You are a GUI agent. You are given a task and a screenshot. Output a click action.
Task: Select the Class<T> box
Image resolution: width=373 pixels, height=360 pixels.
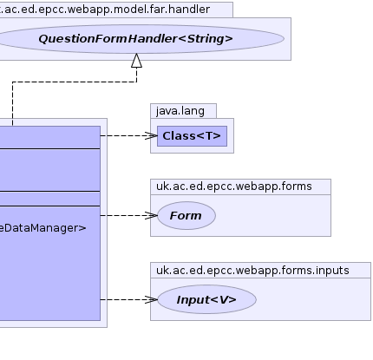192,136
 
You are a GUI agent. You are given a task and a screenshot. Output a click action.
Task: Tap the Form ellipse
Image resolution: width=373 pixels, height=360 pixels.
186,216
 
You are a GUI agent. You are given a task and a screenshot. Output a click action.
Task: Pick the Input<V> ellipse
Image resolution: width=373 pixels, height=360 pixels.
206,299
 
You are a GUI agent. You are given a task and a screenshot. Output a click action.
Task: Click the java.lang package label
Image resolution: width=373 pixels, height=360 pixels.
180,111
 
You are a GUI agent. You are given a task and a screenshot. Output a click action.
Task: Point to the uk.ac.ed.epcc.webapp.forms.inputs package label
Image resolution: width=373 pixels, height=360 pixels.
252,271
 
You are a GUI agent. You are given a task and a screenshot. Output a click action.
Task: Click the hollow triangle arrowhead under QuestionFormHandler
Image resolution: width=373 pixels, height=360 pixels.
136,61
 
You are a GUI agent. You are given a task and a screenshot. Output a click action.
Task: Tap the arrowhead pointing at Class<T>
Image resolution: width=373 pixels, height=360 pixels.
151,135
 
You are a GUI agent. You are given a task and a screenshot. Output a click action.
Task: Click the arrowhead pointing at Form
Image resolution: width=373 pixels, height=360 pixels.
151,215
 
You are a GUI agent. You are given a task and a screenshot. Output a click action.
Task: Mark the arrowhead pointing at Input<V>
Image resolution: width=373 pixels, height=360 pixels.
151,299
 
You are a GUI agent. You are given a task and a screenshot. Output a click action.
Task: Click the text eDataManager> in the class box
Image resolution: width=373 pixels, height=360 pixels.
43,228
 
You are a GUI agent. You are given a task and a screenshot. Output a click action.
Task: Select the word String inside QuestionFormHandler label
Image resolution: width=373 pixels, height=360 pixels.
206,39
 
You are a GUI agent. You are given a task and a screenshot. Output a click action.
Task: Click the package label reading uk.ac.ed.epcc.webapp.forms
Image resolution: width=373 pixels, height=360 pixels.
234,187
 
